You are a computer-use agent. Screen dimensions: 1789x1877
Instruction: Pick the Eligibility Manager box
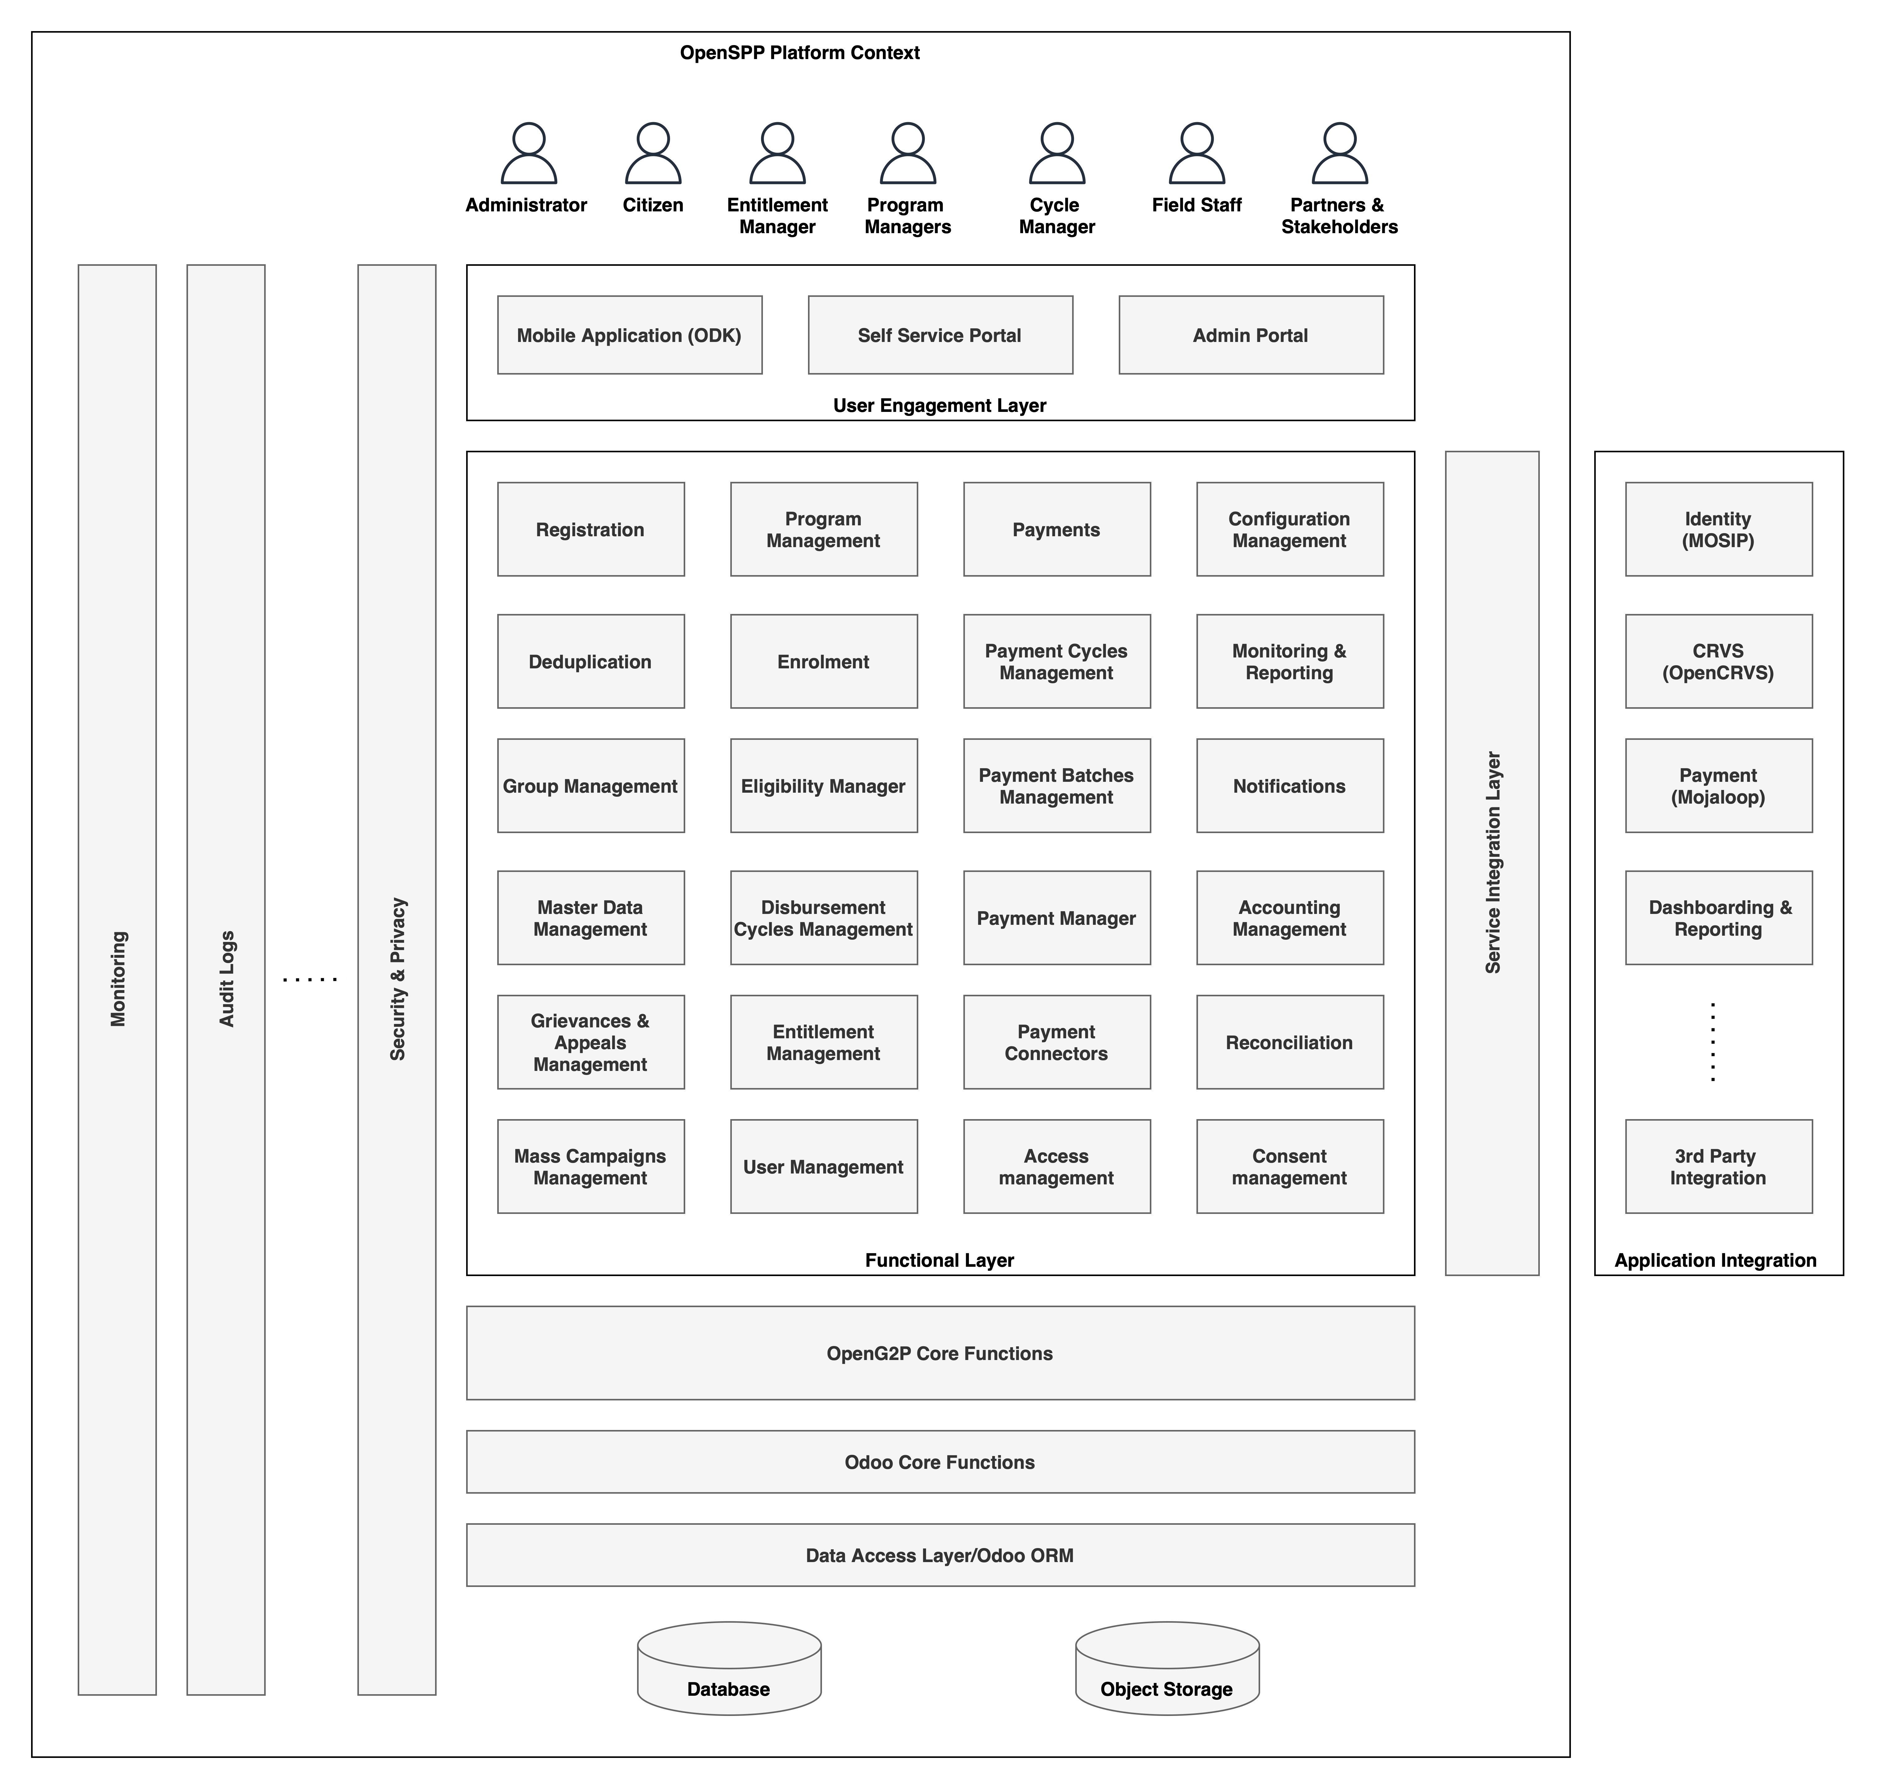pyautogui.click(x=824, y=786)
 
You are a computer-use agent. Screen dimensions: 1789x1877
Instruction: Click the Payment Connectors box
pyautogui.click(x=1056, y=1042)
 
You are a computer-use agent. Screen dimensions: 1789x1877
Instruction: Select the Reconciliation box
pyautogui.click(x=1290, y=1042)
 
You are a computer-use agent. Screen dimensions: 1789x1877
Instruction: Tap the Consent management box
pyautogui.click(x=1290, y=1166)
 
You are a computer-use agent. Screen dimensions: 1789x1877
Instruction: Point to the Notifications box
pyautogui.click(x=1290, y=786)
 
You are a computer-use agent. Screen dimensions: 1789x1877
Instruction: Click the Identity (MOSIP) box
pyautogui.click(x=1718, y=529)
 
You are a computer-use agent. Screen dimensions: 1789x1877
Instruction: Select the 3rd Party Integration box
pyautogui.click(x=1718, y=1166)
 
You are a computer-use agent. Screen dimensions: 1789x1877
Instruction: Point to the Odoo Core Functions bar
pyautogui.click(x=940, y=1462)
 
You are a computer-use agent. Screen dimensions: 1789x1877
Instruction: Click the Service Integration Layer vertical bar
pyautogui.click(x=1492, y=863)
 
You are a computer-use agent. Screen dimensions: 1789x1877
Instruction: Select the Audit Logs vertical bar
pyautogui.click(x=226, y=980)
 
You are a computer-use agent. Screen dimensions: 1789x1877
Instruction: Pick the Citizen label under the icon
pyautogui.click(x=653, y=205)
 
